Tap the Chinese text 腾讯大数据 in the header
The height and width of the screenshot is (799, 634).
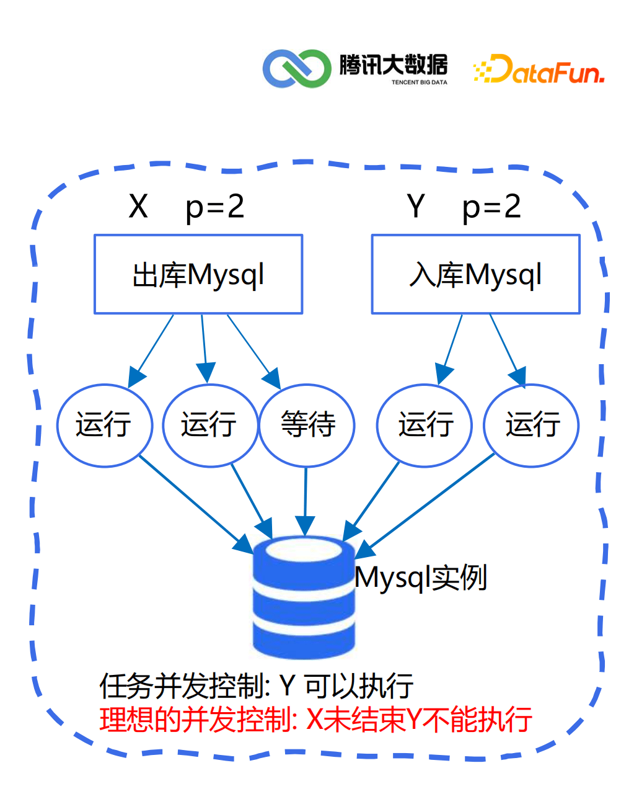pos(393,65)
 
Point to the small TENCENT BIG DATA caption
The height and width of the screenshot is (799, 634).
pos(419,83)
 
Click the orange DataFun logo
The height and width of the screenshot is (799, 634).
pos(539,69)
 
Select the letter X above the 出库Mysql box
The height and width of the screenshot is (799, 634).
pos(138,207)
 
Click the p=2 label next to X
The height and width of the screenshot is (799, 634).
pos(214,207)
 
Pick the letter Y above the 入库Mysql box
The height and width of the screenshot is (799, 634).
pos(416,207)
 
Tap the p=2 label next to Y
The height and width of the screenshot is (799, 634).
pos(491,207)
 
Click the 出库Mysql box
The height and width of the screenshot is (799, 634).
pos(198,274)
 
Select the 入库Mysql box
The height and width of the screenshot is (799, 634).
pos(475,274)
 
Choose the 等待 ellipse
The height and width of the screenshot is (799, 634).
pos(307,425)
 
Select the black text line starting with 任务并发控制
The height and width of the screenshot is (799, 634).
pos(256,686)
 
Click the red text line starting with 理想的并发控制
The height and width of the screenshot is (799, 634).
pos(315,720)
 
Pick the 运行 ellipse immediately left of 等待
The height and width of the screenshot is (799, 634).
pos(209,425)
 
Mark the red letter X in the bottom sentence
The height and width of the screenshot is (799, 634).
pos(315,720)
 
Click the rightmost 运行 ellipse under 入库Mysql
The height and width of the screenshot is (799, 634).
pos(531,425)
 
